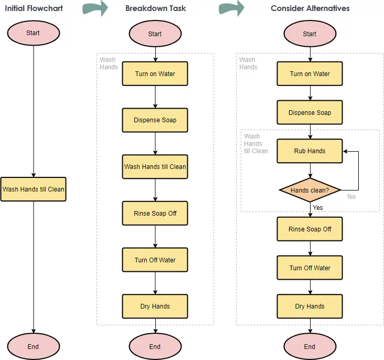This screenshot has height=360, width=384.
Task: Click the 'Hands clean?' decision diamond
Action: tap(310, 190)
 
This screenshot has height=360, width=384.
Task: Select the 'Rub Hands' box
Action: tap(310, 151)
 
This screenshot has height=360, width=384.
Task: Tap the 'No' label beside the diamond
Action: tap(351, 197)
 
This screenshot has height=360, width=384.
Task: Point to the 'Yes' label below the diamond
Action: tap(317, 208)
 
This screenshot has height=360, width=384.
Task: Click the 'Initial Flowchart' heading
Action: tap(34, 8)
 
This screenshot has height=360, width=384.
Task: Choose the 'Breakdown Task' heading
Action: tap(155, 8)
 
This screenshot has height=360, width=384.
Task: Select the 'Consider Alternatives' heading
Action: tap(310, 8)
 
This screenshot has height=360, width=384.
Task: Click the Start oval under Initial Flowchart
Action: tap(34, 33)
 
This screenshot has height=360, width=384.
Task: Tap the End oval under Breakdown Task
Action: tap(155, 346)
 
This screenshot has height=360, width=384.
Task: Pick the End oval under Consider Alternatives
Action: tap(310, 346)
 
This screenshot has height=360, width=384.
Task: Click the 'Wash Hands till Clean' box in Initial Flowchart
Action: tap(33, 189)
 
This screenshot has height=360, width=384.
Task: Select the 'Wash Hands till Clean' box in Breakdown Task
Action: tap(155, 167)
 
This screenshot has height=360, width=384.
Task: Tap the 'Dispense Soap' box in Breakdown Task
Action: tap(155, 120)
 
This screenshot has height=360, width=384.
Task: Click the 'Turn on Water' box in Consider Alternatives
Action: tap(310, 73)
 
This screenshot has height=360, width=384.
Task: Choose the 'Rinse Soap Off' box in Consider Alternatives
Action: tap(310, 229)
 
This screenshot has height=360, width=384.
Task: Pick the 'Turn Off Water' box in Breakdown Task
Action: tap(155, 260)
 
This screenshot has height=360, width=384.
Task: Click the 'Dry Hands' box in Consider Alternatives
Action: tap(310, 306)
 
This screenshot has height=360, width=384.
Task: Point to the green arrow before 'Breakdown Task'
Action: tap(95, 8)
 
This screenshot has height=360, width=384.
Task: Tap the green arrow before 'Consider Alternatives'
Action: tap(232, 8)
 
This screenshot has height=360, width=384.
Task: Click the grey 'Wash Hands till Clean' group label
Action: tap(256, 144)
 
